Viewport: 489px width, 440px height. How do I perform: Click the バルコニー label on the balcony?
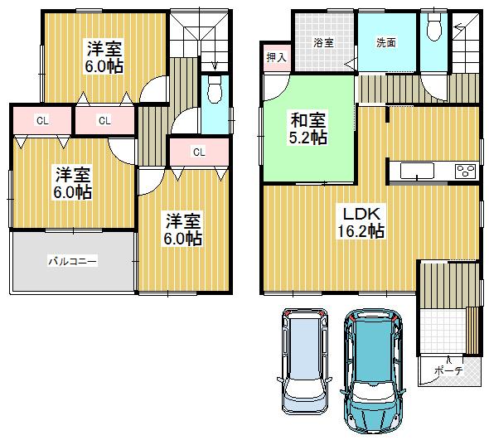pos(72,261)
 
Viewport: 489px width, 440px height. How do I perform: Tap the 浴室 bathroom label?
pos(323,42)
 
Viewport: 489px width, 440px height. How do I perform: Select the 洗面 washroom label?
pos(386,42)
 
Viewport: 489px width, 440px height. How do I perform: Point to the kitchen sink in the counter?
pos(417,171)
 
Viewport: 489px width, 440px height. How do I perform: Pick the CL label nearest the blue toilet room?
pos(199,152)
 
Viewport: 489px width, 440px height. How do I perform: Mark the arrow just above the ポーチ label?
pos(448,357)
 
